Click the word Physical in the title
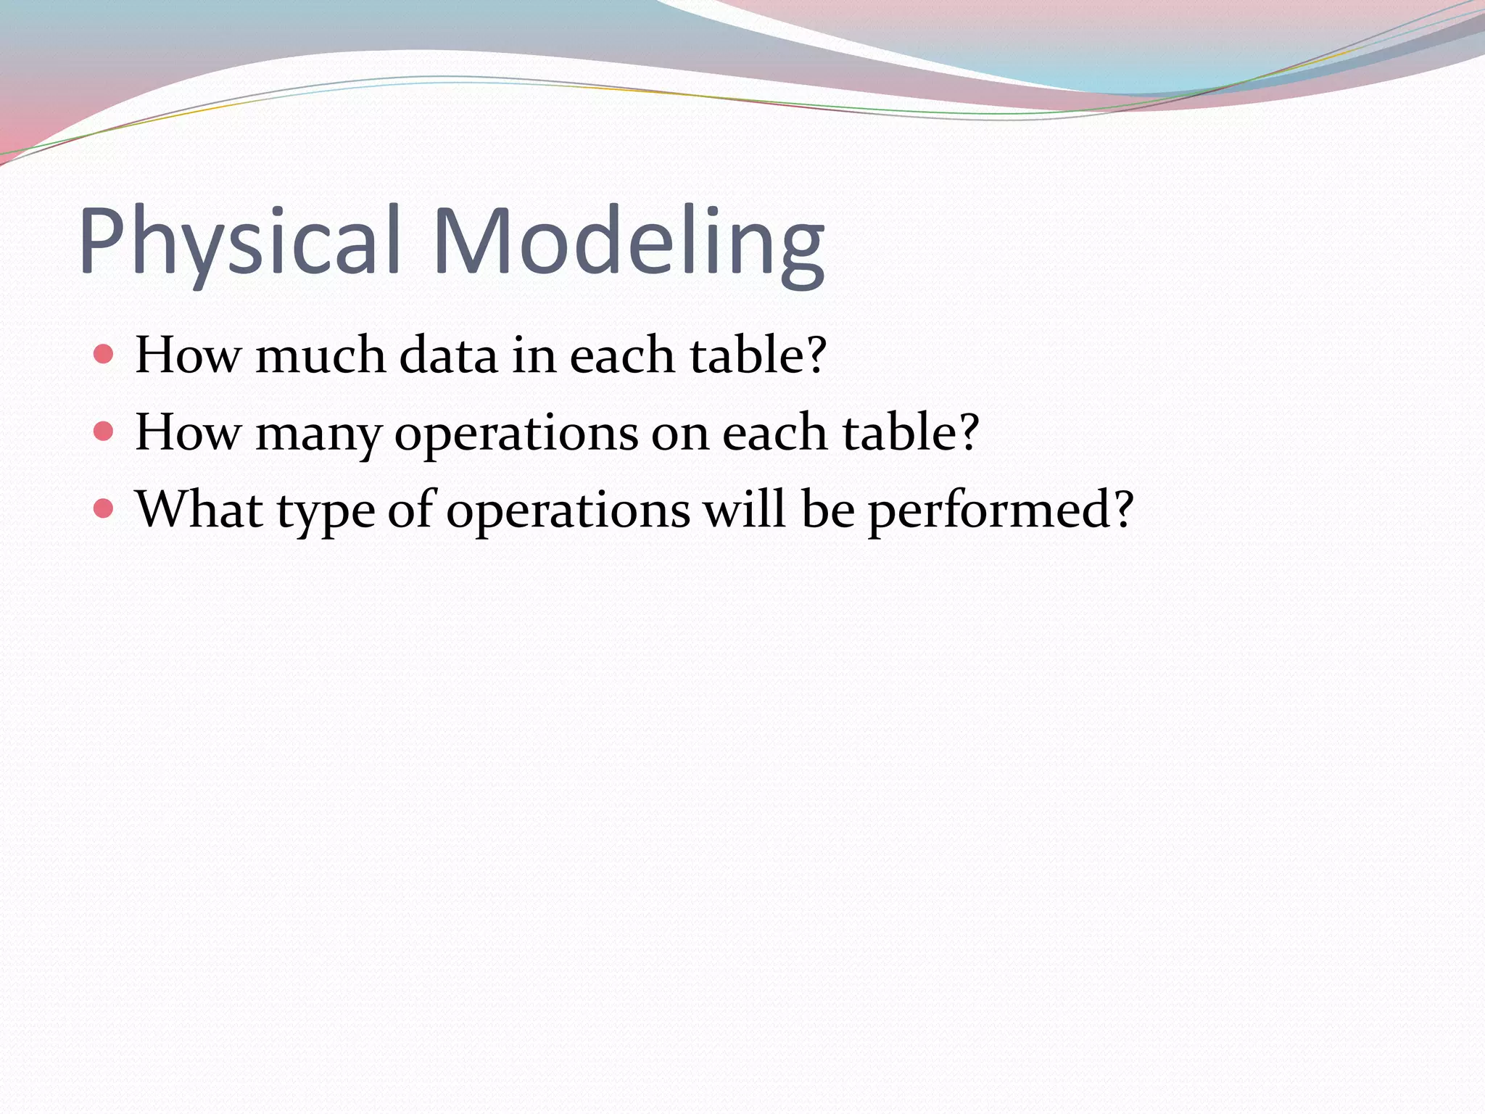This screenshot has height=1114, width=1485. (240, 241)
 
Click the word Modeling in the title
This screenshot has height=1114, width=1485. (629, 241)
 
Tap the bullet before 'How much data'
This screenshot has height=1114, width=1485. (104, 355)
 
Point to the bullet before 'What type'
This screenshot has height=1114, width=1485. (104, 509)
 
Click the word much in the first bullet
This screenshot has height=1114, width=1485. (320, 355)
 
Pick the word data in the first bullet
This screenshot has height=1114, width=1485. (449, 355)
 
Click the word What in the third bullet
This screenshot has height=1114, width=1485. (199, 509)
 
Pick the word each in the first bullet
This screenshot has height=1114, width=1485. (622, 355)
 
